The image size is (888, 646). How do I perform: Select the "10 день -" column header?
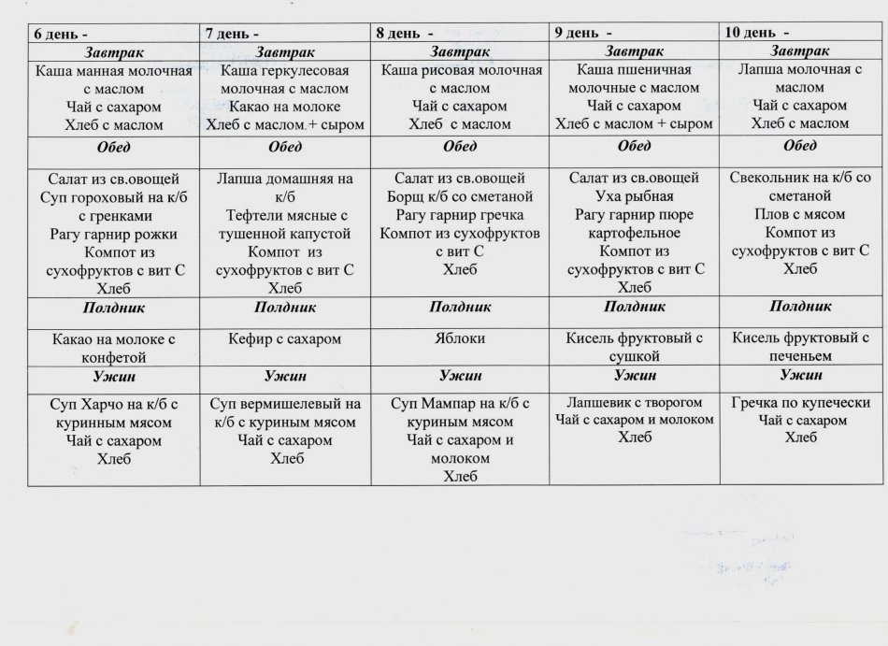(757, 33)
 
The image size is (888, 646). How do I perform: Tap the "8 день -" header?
(408, 33)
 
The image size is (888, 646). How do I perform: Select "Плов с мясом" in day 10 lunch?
(799, 215)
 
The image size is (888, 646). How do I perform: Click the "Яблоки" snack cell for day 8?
(461, 338)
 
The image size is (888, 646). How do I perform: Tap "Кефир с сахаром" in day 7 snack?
(284, 338)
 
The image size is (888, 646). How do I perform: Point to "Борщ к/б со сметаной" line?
(460, 196)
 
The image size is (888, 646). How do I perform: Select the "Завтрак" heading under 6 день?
(114, 51)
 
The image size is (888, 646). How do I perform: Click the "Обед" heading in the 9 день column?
(634, 146)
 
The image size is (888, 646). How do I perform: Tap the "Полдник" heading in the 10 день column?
(800, 306)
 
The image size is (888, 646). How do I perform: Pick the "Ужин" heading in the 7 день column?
(284, 376)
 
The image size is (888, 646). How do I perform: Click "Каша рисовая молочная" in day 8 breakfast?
(462, 70)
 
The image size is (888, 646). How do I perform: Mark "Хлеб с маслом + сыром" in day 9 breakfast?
(634, 124)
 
